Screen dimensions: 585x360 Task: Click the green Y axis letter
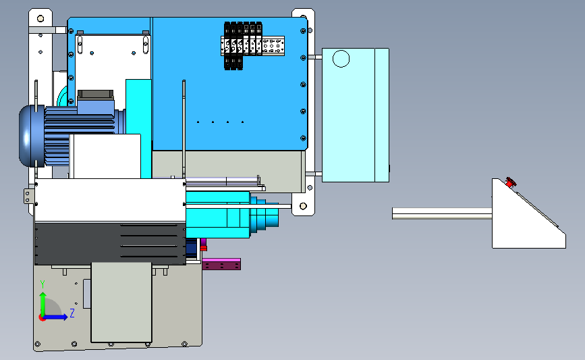pyautogui.click(x=43, y=284)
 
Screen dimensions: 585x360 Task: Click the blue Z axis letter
pyautogui.click(x=72, y=313)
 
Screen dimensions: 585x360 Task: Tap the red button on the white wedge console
pyautogui.click(x=510, y=182)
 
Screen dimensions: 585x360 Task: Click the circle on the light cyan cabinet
pyautogui.click(x=341, y=59)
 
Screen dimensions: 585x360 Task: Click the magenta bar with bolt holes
pyautogui.click(x=221, y=263)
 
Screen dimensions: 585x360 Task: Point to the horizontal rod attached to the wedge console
pyautogui.click(x=442, y=213)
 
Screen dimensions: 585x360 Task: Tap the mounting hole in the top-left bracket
pyautogui.click(x=40, y=19)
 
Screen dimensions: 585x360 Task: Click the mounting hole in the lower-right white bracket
pyautogui.click(x=304, y=206)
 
